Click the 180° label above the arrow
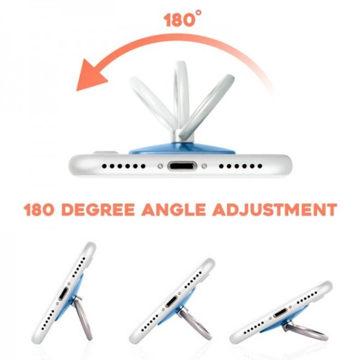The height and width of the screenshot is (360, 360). [183, 19]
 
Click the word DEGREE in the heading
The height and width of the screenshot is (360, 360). [98, 209]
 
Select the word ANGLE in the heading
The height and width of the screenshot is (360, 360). [173, 209]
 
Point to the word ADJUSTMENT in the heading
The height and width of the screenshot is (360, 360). [274, 209]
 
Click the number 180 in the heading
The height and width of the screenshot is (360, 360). [39, 209]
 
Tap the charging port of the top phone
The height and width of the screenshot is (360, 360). [182, 166]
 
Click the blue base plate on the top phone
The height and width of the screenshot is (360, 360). [182, 149]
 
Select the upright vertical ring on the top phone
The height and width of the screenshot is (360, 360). [181, 97]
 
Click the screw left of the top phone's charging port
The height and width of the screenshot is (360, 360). [160, 166]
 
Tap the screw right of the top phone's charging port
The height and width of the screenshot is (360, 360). [204, 166]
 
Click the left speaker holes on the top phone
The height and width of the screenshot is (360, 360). [123, 166]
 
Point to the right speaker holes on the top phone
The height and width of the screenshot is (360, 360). [241, 166]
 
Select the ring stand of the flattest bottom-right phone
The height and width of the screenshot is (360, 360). [305, 331]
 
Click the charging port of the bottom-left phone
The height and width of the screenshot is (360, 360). [63, 294]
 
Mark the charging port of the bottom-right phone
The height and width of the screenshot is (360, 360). [280, 313]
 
